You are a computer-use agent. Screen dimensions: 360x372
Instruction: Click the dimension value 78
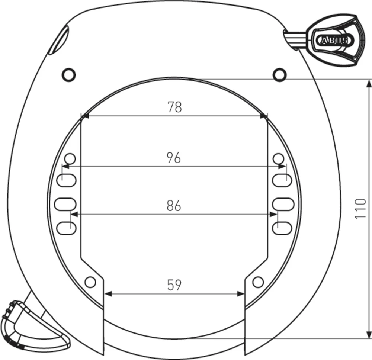click(x=174, y=107)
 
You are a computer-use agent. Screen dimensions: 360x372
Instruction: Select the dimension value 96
click(x=174, y=158)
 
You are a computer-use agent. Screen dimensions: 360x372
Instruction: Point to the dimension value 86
click(x=174, y=206)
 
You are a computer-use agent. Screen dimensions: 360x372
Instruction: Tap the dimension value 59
click(x=174, y=285)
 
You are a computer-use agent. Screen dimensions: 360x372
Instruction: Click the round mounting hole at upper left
click(x=69, y=75)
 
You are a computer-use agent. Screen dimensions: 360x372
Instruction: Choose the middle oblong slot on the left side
click(x=65, y=204)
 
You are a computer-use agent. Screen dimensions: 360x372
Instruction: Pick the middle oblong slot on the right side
click(x=283, y=204)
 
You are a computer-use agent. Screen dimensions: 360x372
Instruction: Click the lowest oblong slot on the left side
click(x=67, y=227)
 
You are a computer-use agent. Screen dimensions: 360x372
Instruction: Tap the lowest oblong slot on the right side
click(x=282, y=227)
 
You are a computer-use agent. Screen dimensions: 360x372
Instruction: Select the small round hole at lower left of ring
click(x=90, y=282)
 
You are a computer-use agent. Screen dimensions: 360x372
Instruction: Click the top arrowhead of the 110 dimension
click(x=368, y=83)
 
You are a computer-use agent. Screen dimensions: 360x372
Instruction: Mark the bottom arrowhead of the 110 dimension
click(x=368, y=335)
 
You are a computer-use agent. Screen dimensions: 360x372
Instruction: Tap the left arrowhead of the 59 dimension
click(x=108, y=294)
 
